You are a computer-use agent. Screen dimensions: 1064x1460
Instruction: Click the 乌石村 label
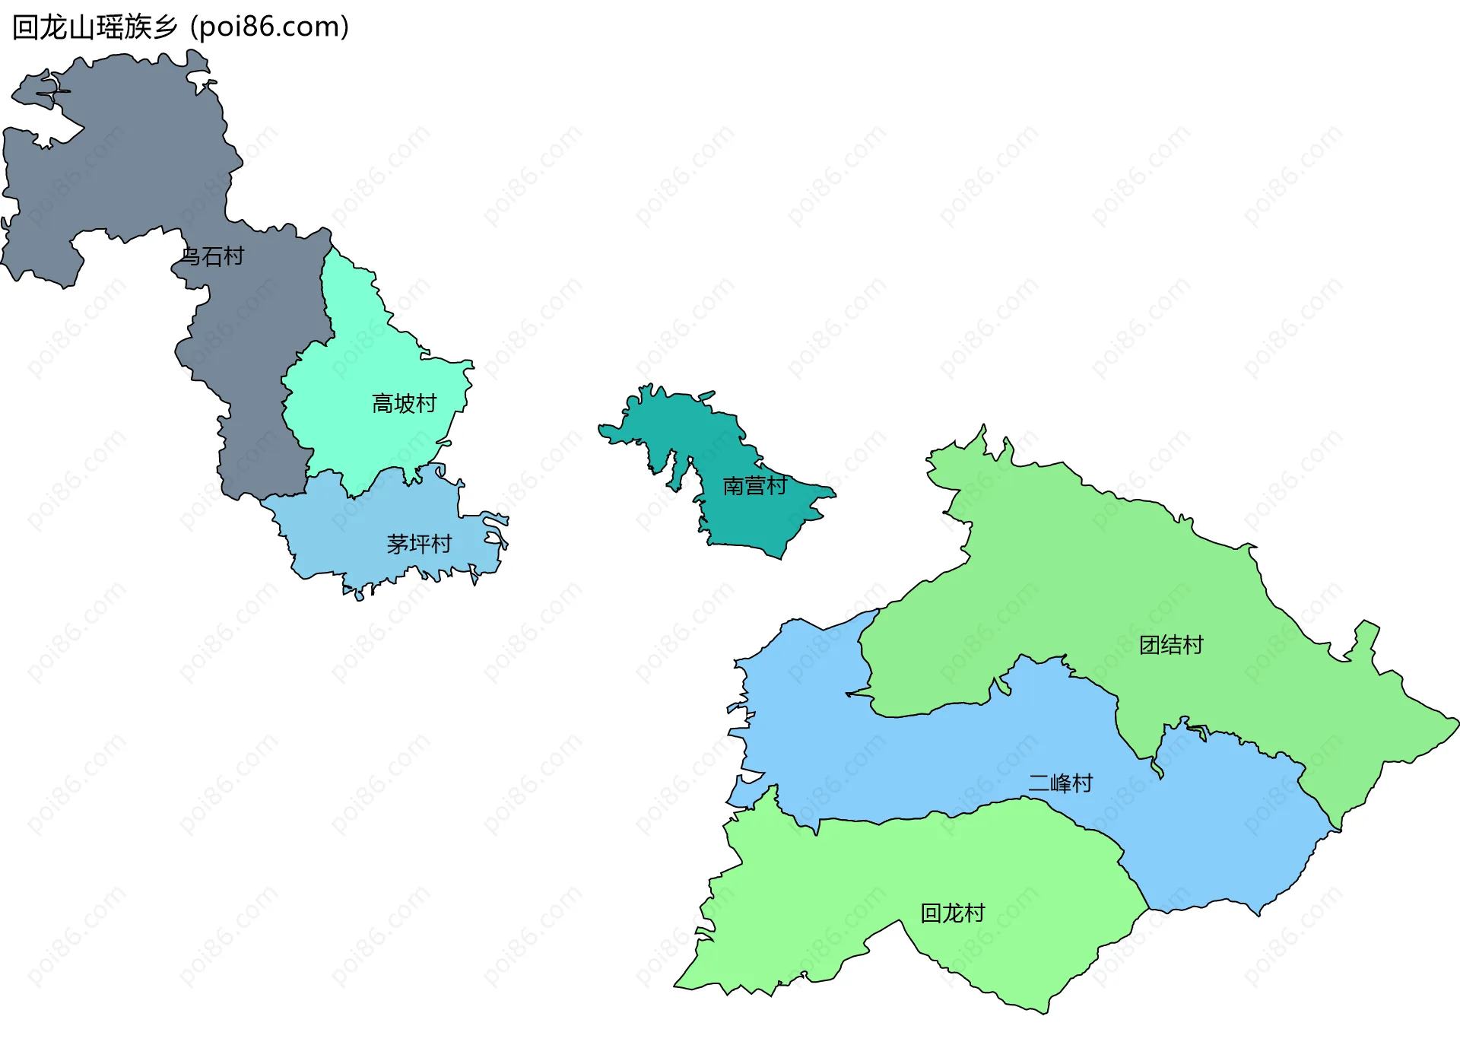click(212, 257)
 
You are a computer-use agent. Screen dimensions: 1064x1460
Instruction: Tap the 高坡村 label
click(404, 404)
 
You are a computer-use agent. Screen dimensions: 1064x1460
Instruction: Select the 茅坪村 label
click(419, 545)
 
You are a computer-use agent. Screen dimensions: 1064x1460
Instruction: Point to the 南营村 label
click(754, 486)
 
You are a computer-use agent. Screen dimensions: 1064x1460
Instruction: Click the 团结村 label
click(1171, 646)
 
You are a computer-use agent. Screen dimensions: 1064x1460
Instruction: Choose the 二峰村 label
click(1060, 783)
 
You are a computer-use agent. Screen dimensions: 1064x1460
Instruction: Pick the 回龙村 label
click(952, 913)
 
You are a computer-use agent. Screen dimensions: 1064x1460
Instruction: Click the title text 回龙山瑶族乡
click(95, 27)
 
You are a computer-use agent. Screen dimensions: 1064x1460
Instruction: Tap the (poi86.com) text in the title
click(270, 27)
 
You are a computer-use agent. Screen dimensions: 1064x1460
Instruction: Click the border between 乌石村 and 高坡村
click(328, 304)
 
